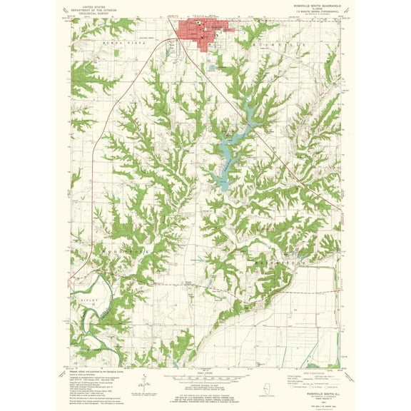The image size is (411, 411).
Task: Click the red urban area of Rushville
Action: pyautogui.click(x=203, y=34)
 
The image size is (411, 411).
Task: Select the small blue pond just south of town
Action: pyautogui.click(x=213, y=68)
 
